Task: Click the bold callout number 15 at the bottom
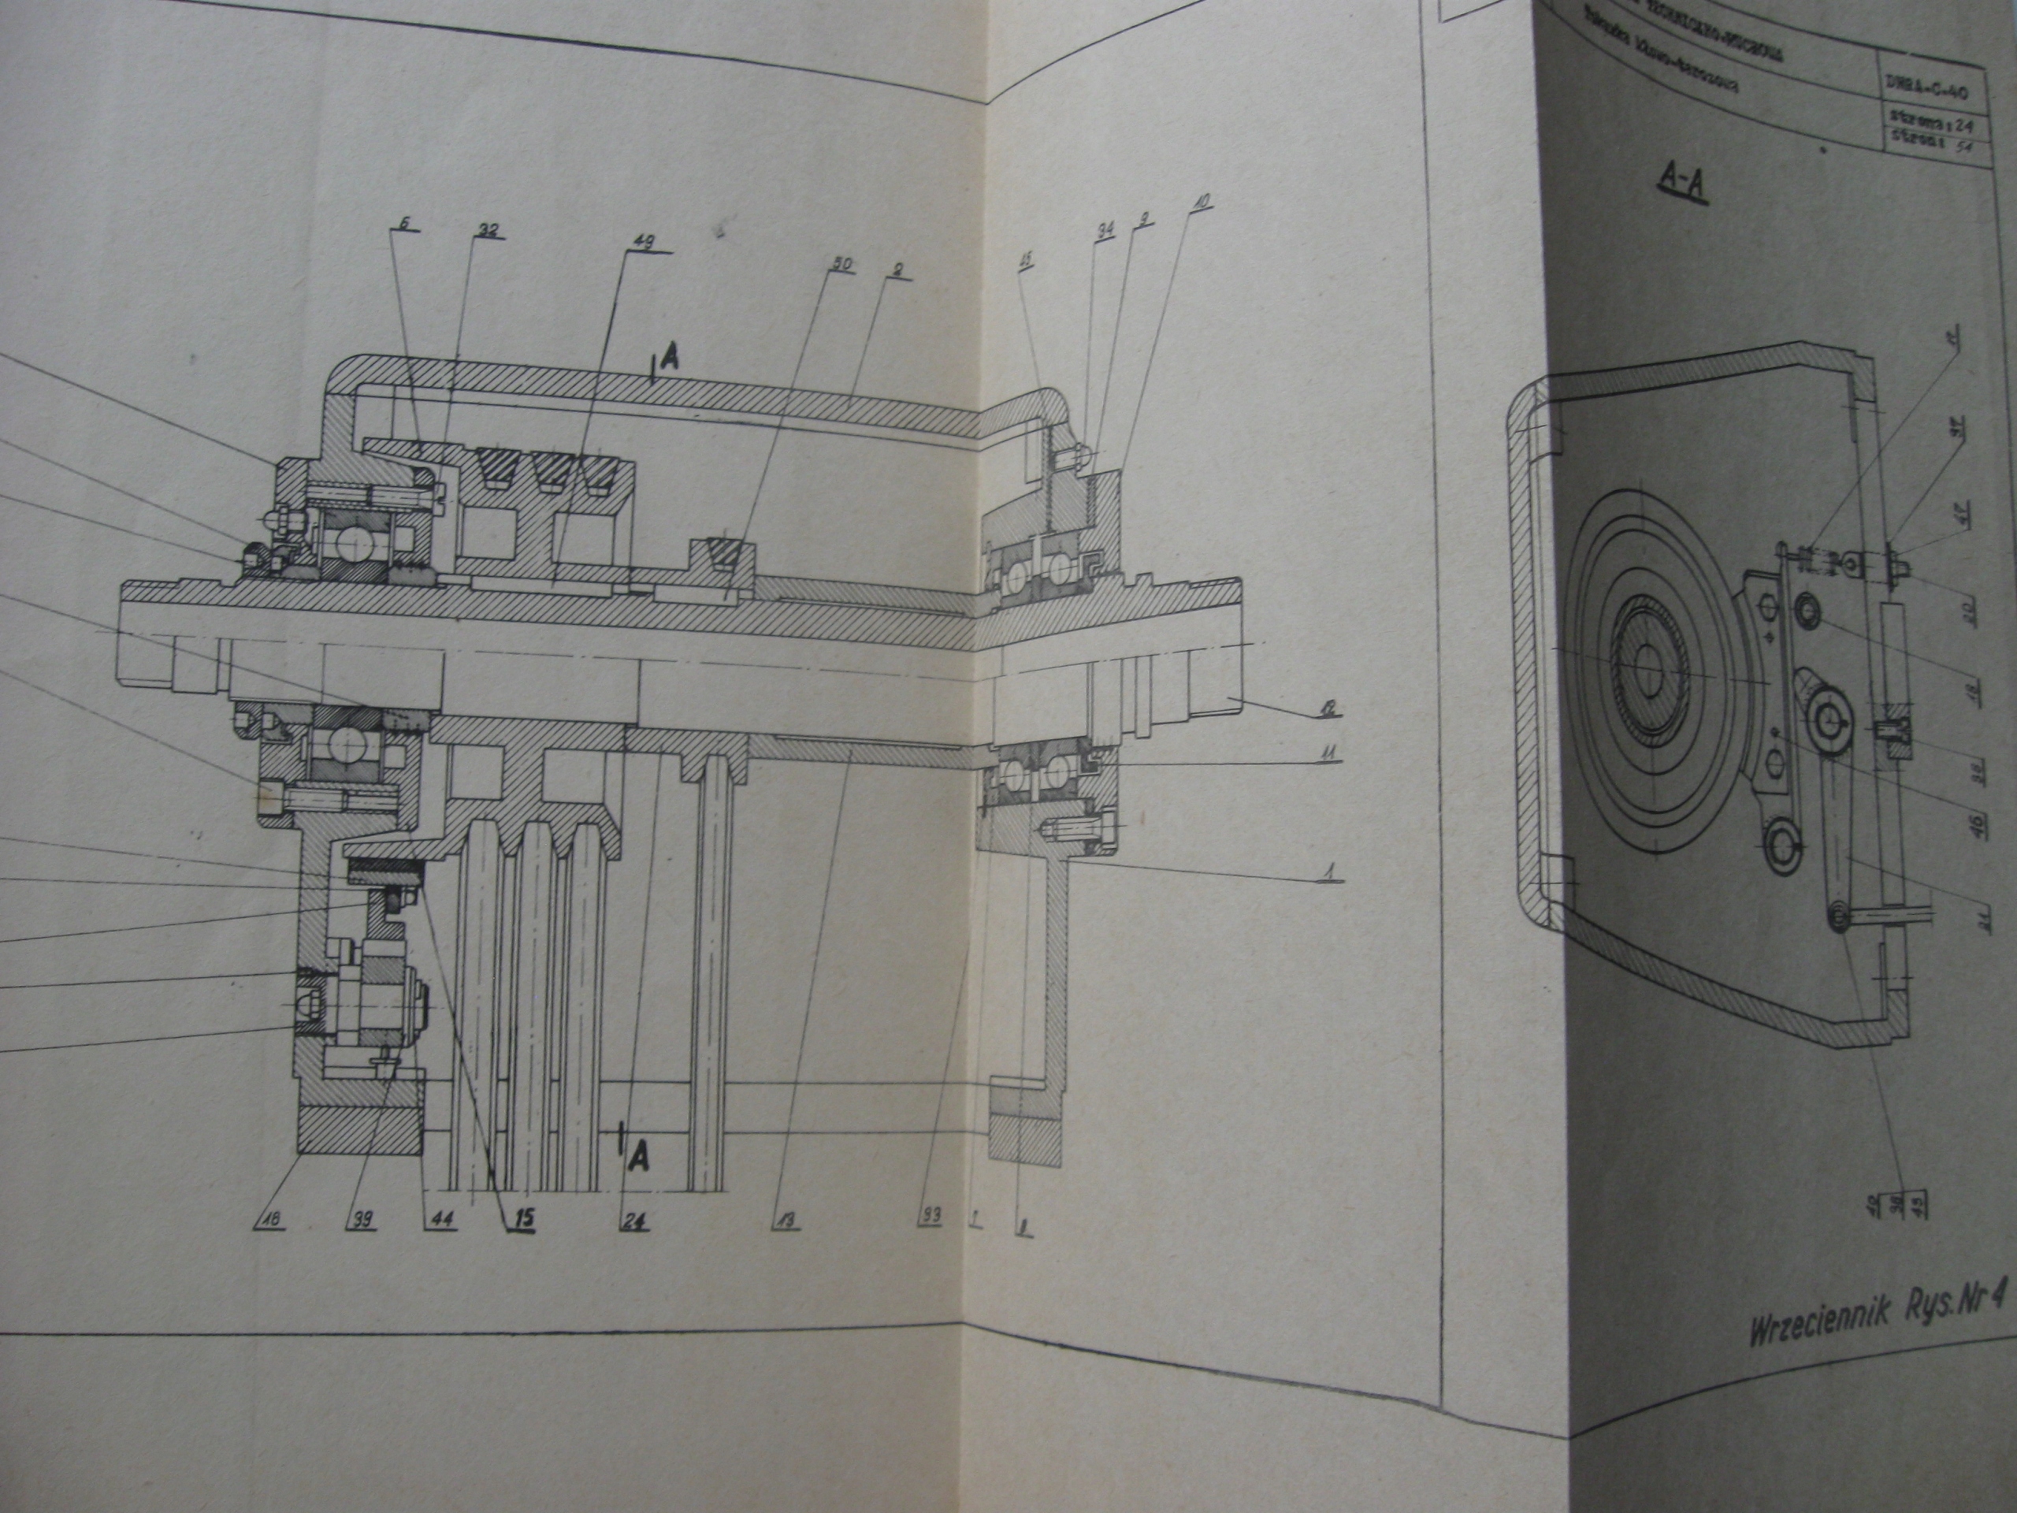pos(526,1217)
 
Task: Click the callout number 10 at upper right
pos(1201,203)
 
